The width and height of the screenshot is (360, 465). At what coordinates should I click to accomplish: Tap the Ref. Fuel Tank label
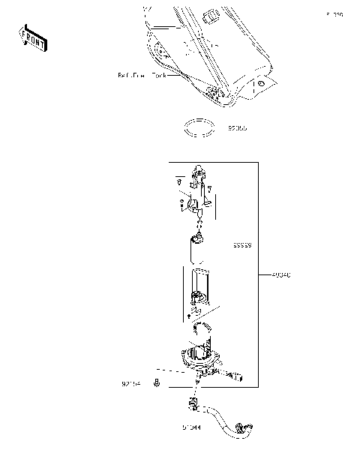pos(142,76)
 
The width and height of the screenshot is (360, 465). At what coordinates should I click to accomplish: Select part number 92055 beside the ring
pos(237,128)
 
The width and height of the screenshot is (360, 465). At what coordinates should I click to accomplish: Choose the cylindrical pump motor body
pos(199,248)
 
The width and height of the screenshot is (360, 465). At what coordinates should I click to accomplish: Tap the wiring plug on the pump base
pos(238,375)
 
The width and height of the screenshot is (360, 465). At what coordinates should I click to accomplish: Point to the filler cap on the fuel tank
pos(211,16)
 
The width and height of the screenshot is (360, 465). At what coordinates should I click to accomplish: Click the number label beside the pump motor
pos(241,245)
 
